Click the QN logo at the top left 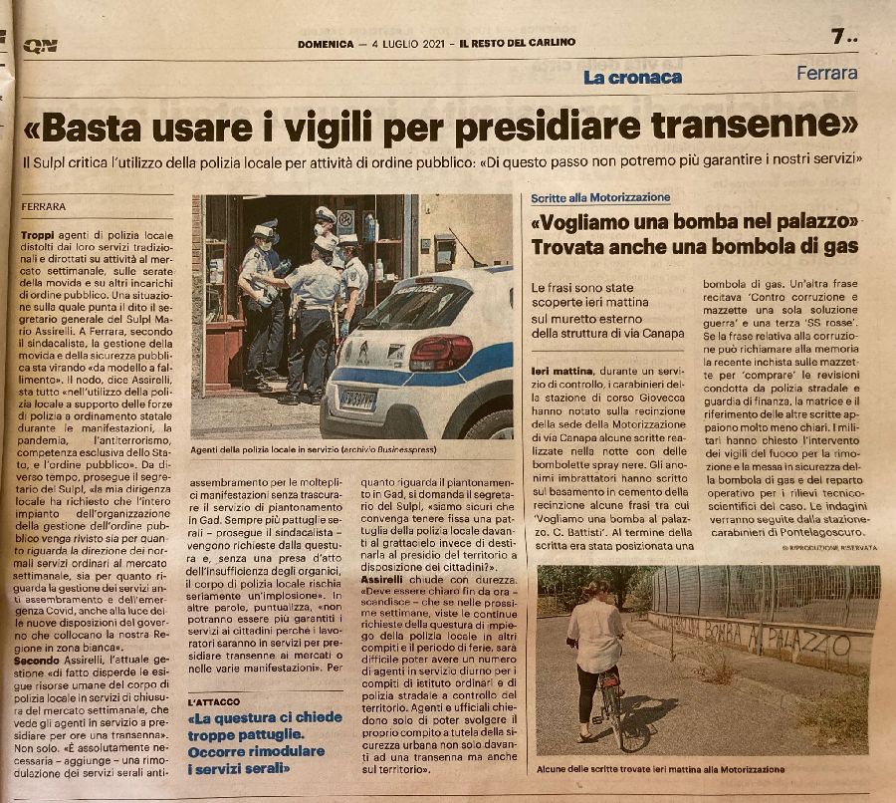pos(41,45)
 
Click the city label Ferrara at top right pos(826,73)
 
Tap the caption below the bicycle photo pos(661,768)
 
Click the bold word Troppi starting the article pos(38,233)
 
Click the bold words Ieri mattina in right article pos(567,371)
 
